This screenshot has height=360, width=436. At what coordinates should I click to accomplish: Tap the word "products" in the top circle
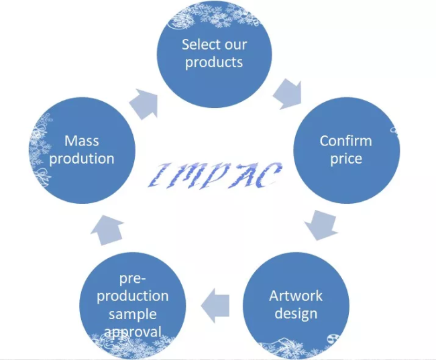[214, 63]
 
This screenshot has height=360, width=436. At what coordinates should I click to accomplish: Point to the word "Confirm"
[345, 141]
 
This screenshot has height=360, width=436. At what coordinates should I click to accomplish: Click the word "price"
[345, 159]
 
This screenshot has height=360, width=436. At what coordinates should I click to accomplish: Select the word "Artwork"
[296, 296]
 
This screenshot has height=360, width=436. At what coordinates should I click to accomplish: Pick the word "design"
[296, 313]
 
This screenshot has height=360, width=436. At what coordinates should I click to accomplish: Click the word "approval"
[133, 331]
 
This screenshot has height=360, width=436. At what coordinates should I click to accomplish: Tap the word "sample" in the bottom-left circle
[133, 314]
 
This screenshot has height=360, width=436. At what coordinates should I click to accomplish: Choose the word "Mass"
[81, 141]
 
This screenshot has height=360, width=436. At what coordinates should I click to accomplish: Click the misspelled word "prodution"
[81, 158]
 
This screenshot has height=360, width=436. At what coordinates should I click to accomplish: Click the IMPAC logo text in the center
[215, 174]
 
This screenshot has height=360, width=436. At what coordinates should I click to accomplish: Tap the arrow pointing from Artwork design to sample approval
[216, 302]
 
